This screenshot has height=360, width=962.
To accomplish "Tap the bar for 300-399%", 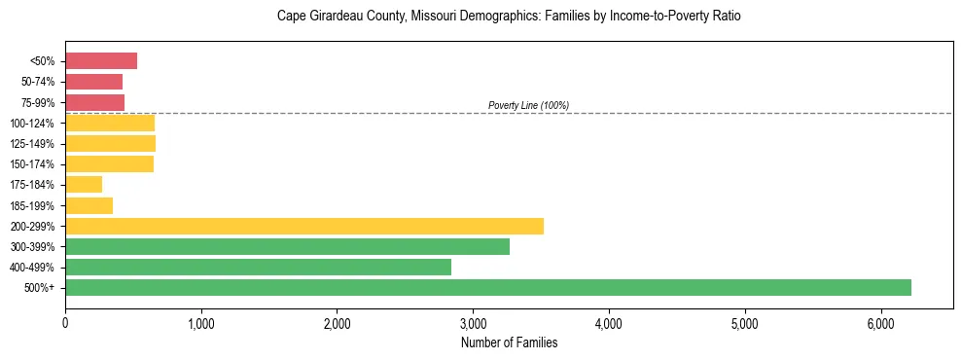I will coord(287,246).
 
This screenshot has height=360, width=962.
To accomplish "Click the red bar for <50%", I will coord(101,61).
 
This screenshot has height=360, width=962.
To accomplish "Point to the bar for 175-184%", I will coord(84,184).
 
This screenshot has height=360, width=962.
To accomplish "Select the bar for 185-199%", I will coord(89,205).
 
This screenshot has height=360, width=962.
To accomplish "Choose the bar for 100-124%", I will coord(110,123).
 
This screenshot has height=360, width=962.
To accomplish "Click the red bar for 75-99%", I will coord(94,102).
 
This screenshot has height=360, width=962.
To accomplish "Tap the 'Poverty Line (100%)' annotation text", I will coord(528,105).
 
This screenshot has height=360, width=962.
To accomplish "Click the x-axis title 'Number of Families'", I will coord(509,342).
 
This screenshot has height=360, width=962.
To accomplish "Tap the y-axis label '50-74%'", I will coord(38,82).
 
